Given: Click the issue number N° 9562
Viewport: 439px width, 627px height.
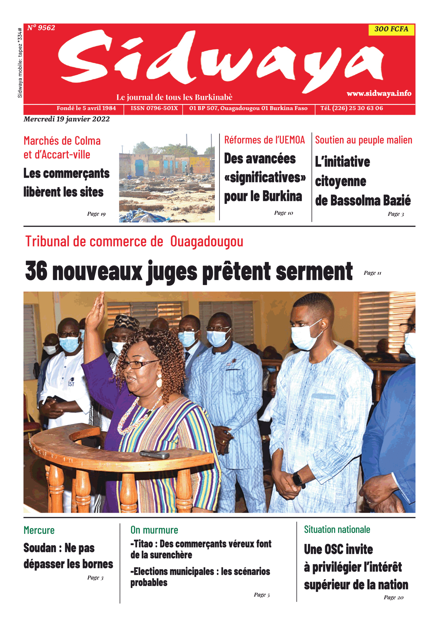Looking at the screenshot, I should pos(41,28).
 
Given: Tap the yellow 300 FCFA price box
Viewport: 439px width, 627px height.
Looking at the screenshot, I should pos(391,29).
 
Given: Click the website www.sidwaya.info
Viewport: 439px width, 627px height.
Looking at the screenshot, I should pos(379,93).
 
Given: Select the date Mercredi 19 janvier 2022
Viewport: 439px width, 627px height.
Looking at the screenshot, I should pos(66,119).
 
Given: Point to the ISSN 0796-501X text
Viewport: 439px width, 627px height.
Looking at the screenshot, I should pos(154,108).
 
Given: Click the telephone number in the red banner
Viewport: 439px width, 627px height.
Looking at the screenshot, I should pos(352,108).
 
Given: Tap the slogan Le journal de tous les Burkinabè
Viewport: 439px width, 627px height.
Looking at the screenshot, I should pos(174,97).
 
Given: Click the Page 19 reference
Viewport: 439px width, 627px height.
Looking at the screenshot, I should pos(96,214).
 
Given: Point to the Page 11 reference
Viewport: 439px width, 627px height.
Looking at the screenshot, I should pos(372,273).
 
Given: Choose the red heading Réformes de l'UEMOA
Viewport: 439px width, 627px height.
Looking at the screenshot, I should pos(264,140).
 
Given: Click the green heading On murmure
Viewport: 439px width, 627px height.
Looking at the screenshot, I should pos(154,530).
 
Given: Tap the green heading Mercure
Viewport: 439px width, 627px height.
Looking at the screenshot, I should pos(39,530).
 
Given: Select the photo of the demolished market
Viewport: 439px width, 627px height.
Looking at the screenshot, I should pos(167,178).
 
